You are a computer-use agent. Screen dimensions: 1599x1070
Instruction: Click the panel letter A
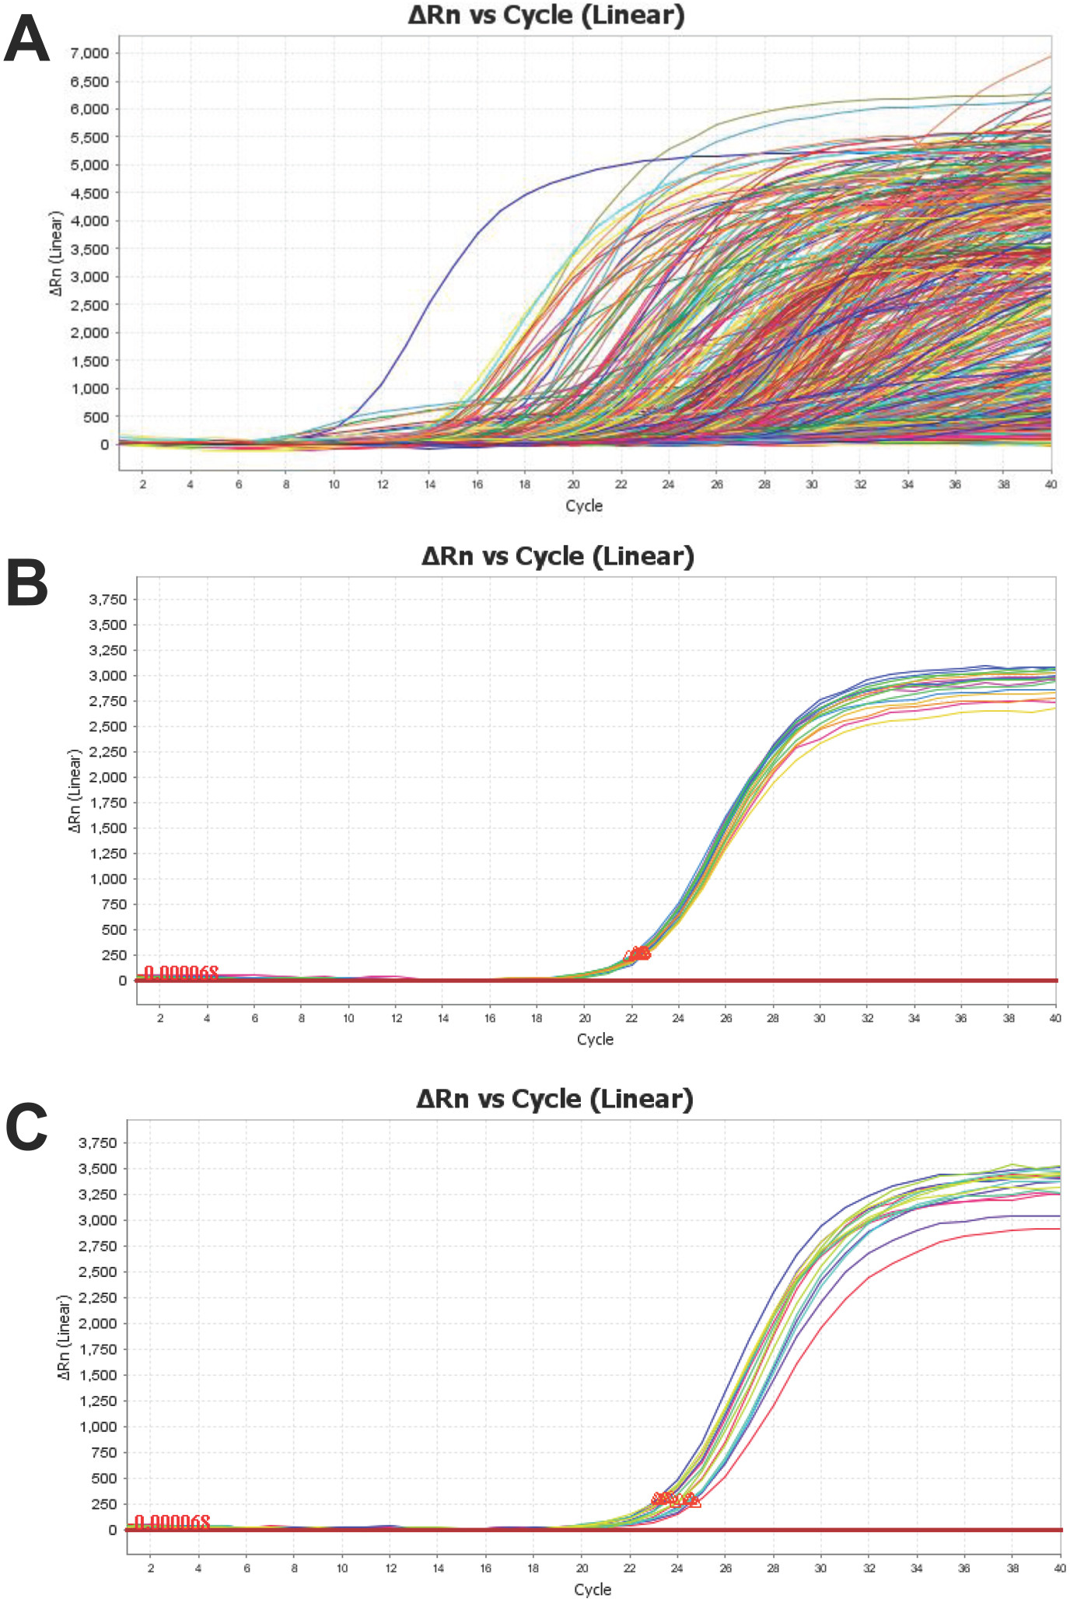(x=26, y=40)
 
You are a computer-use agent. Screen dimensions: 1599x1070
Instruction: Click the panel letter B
(x=26, y=583)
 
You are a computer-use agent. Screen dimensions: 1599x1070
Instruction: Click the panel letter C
(x=26, y=1127)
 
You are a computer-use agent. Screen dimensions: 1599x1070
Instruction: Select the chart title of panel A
(x=546, y=16)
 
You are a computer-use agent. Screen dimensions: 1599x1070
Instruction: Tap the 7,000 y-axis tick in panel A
(x=89, y=53)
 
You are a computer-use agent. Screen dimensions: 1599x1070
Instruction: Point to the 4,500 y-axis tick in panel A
(x=89, y=193)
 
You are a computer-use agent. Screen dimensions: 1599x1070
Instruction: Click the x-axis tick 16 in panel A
(x=477, y=485)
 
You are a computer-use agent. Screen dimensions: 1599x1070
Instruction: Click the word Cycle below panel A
(x=584, y=506)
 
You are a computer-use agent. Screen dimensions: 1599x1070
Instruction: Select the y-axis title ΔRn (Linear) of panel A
(x=55, y=253)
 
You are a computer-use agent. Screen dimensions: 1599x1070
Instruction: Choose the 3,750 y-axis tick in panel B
(x=107, y=600)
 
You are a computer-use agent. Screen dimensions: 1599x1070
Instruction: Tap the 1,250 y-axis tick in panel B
(x=107, y=854)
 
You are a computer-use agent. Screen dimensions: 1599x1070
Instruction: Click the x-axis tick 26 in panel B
(x=726, y=1018)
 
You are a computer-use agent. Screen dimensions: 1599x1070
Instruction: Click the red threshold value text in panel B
(x=181, y=973)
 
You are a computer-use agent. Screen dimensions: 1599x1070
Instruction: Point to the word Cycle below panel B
(x=595, y=1040)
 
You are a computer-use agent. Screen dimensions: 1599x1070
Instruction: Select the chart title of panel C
(x=554, y=1099)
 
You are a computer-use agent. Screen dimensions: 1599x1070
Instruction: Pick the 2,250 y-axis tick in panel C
(x=97, y=1297)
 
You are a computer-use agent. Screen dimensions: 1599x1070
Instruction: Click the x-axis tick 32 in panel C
(x=869, y=1569)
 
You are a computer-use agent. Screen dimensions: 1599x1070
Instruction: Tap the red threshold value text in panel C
(x=172, y=1522)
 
